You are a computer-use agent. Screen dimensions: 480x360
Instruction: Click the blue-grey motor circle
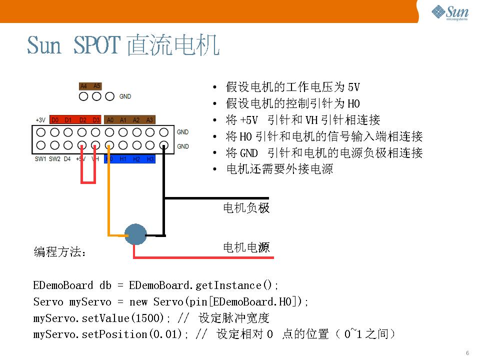tap(135, 234)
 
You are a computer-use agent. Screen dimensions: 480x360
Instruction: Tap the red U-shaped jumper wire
tap(88, 182)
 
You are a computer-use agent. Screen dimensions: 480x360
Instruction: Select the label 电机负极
tap(246, 208)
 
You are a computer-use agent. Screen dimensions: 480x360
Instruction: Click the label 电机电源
tap(246, 247)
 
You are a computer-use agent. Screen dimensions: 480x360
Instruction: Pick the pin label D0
tap(55, 120)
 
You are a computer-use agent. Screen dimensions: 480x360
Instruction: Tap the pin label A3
tap(149, 120)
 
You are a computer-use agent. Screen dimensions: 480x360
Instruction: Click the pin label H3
tap(150, 159)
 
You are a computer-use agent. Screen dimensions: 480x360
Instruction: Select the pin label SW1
tap(40, 159)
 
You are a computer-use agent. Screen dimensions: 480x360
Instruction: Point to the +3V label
tap(40, 120)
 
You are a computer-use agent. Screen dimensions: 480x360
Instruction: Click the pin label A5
tap(96, 86)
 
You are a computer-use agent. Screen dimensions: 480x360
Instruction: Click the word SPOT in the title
tap(97, 45)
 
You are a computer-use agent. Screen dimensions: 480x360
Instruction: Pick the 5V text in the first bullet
tap(353, 87)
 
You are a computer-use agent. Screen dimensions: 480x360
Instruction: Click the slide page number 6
tap(467, 353)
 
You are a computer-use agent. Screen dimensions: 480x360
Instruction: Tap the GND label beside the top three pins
tap(125, 96)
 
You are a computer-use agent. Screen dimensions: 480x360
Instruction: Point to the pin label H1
tap(123, 159)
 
